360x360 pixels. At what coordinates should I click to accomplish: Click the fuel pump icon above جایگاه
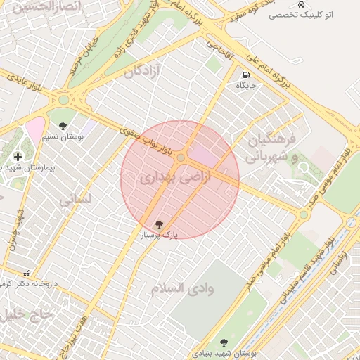click(x=245, y=75)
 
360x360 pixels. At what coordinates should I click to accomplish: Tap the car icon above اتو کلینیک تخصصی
click(x=301, y=4)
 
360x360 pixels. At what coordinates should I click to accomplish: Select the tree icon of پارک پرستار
click(x=160, y=224)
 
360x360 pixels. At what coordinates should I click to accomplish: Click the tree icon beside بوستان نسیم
click(x=63, y=126)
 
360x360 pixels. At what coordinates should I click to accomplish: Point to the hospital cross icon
click(x=17, y=156)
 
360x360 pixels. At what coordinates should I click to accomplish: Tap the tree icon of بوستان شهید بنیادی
click(x=224, y=342)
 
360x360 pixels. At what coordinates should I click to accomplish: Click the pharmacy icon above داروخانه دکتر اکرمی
click(x=27, y=274)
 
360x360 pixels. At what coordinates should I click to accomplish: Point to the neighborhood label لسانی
click(x=75, y=201)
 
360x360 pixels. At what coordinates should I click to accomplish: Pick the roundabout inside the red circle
click(x=181, y=157)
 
